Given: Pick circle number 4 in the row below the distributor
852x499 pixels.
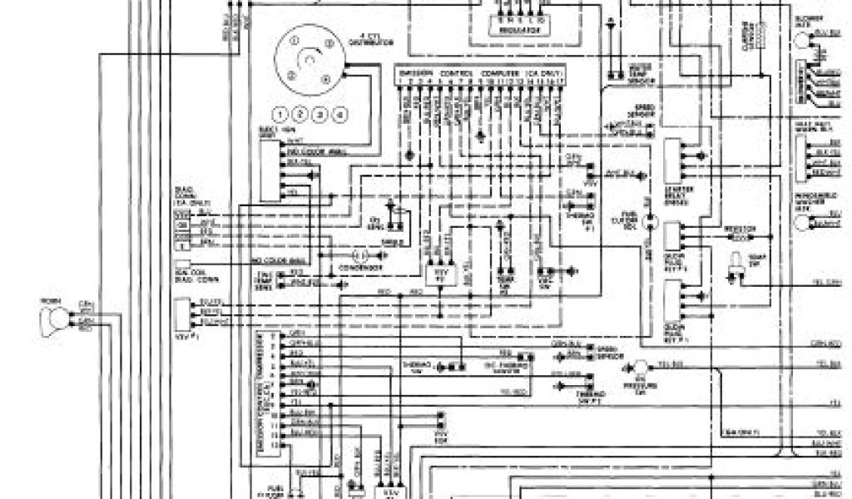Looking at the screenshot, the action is click(339, 113).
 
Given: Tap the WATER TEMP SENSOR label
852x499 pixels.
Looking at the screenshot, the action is click(640, 76).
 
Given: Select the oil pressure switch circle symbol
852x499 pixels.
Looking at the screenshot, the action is click(640, 366).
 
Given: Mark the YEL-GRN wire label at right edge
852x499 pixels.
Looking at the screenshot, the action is click(825, 282).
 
